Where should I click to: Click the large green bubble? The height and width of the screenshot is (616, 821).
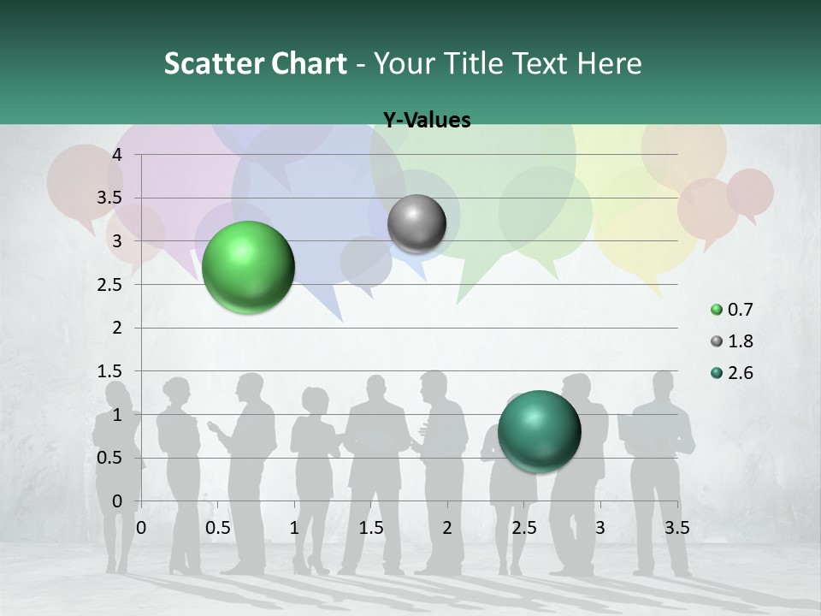(248, 267)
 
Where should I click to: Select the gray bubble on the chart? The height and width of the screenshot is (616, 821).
(416, 224)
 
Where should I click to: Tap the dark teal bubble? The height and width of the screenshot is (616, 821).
(539, 430)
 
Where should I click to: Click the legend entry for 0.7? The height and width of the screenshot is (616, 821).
(732, 309)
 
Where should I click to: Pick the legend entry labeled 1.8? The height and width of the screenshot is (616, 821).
(732, 341)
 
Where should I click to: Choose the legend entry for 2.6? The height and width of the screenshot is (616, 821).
(732, 372)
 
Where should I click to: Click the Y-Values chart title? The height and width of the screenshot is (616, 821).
(426, 120)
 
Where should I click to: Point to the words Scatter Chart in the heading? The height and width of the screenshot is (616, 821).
(255, 62)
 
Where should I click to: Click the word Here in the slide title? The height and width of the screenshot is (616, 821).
(608, 62)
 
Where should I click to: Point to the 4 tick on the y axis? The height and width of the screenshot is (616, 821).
(118, 154)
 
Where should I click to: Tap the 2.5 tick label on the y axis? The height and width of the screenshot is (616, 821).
(109, 284)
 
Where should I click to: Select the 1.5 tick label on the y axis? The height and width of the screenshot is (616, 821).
(109, 370)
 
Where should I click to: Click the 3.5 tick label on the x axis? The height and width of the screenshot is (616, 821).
(676, 527)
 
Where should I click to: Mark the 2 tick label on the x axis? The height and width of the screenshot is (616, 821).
(447, 527)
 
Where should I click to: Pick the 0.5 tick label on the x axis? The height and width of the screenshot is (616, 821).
(218, 527)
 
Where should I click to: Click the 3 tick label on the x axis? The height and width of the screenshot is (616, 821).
(600, 527)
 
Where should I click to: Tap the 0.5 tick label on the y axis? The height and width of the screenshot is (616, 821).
(109, 458)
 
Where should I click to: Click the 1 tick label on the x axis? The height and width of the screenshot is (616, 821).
(294, 527)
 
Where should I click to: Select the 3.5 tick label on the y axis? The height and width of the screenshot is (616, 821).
(109, 198)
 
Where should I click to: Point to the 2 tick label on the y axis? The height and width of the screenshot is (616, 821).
(118, 328)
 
